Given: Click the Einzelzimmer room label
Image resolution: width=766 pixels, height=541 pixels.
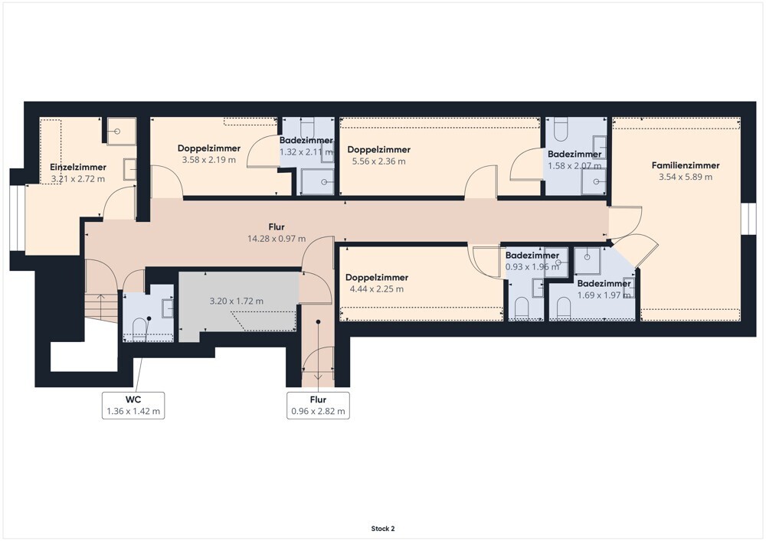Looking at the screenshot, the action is [78, 167].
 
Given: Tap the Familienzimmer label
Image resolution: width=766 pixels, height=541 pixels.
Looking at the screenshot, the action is [686, 165].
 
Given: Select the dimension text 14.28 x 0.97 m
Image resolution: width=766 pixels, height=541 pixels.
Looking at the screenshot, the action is [277, 239].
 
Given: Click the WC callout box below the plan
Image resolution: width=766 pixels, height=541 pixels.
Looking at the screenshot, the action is [133, 406].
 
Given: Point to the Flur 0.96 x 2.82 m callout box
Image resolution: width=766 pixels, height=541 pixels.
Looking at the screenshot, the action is [318, 406].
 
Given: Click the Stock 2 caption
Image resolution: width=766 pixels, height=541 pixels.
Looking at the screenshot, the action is [383, 528].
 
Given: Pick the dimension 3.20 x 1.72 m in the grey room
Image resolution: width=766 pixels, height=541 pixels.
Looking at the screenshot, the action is [237, 301].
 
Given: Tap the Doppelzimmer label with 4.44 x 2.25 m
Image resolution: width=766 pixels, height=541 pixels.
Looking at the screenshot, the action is [377, 278].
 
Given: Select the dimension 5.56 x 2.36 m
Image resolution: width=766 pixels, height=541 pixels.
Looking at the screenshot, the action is [378, 161].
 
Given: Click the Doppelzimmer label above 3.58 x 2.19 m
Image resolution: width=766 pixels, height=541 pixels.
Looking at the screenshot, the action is [209, 148].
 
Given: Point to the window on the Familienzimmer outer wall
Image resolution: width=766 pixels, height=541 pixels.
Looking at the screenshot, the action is [748, 218].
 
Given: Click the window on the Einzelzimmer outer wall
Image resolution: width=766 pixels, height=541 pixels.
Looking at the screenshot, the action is [17, 218].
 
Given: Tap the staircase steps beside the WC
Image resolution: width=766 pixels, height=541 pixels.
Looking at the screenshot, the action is [102, 308].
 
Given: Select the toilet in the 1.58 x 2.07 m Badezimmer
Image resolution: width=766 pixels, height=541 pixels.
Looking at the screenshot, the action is [561, 128].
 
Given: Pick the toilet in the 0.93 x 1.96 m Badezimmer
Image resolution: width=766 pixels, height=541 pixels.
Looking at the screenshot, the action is [522, 309].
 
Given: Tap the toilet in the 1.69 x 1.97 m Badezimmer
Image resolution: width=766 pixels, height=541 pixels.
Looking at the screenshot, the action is [564, 309].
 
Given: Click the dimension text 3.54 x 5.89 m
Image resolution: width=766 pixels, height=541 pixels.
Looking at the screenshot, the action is [686, 177].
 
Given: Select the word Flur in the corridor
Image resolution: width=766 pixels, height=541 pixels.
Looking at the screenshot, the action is [277, 227].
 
